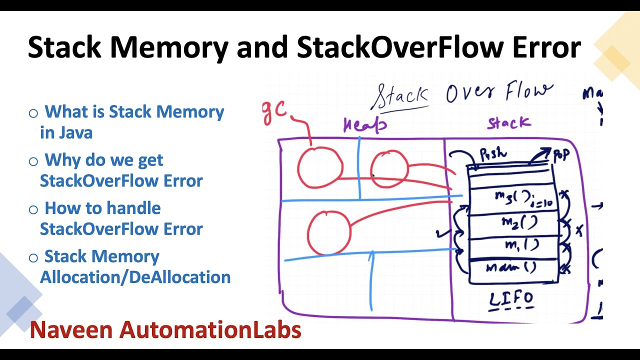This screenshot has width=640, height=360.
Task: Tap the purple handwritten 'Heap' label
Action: pos(365,125)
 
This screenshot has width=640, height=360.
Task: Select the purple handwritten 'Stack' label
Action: pos(509,123)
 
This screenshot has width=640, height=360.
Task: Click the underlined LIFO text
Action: pos(511,300)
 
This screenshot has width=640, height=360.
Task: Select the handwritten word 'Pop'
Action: pos(560,155)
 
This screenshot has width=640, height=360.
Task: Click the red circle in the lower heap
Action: pos(328,233)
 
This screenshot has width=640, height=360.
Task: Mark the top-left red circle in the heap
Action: pos(320,168)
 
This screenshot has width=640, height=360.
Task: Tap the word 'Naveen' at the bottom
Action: pos(71,330)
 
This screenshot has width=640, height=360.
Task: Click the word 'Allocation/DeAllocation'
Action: pos(135,277)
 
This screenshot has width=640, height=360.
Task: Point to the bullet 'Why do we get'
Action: pos(104,160)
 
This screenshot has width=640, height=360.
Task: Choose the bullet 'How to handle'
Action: pos(102,208)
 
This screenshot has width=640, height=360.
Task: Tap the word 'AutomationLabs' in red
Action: pos(209,330)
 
